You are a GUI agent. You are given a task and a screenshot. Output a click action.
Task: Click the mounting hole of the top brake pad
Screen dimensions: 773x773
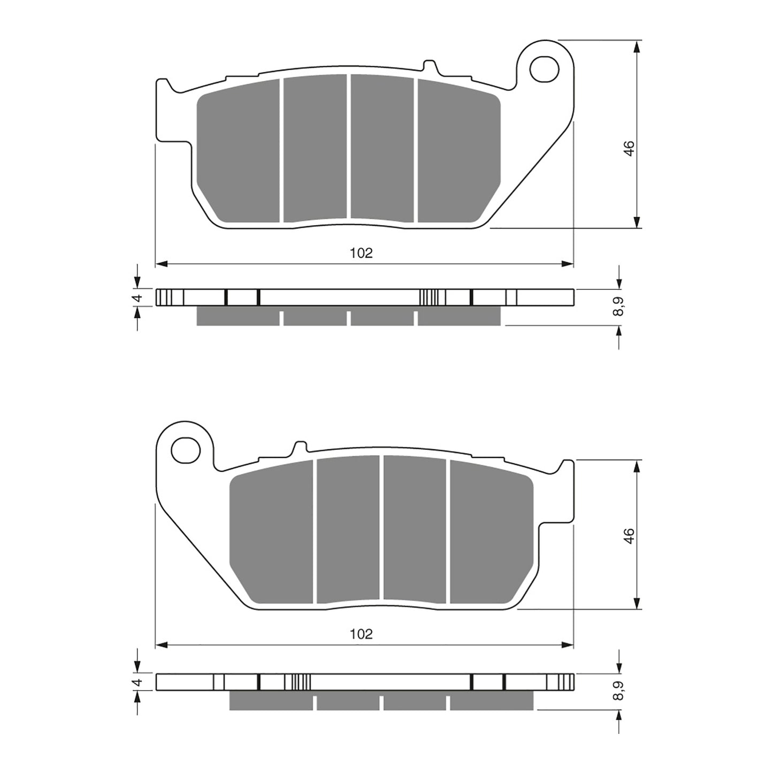click(x=544, y=68)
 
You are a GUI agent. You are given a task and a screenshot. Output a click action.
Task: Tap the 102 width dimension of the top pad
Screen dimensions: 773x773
click(x=361, y=253)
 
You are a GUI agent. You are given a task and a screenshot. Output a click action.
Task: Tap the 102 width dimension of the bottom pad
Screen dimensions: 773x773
click(x=361, y=634)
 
